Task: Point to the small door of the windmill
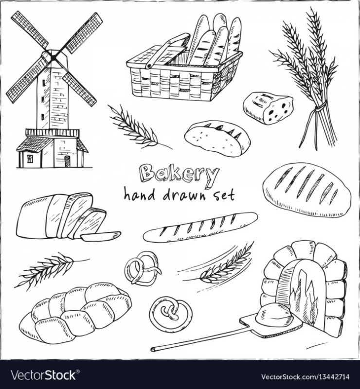tap(67, 161)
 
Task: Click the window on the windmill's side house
tap(30, 159)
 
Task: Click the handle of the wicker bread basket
tap(167, 51)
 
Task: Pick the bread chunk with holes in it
tap(268, 107)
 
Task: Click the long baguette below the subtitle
tap(200, 227)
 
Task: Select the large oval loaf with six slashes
tap(307, 190)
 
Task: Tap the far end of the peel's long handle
tap(153, 349)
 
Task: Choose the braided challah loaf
tap(76, 313)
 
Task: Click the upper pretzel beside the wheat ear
tap(142, 268)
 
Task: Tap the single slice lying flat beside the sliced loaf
tap(101, 236)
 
